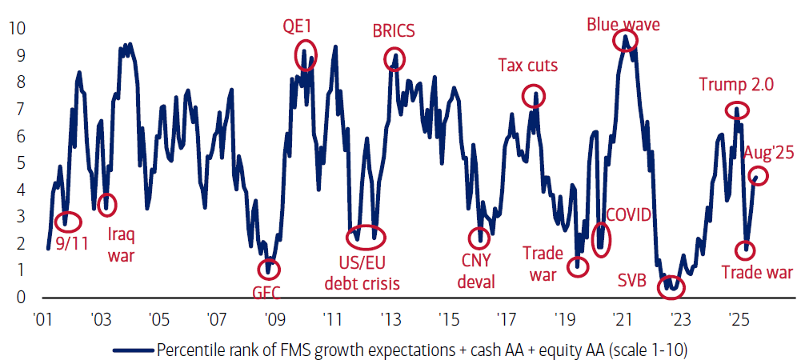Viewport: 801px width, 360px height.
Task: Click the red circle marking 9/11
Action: [x=67, y=220]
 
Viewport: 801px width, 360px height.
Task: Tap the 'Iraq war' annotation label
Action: [x=122, y=245]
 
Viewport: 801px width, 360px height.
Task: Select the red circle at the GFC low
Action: [x=270, y=270]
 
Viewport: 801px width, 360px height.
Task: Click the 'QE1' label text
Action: [x=297, y=26]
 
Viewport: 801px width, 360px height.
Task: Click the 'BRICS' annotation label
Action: [x=394, y=32]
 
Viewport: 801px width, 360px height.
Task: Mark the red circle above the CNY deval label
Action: [x=480, y=237]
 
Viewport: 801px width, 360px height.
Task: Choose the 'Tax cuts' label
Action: [x=528, y=66]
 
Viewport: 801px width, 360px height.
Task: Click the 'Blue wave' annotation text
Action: [x=623, y=25]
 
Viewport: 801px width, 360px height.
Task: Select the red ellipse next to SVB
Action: [x=670, y=286]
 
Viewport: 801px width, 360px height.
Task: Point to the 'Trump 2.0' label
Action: [x=736, y=85]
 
